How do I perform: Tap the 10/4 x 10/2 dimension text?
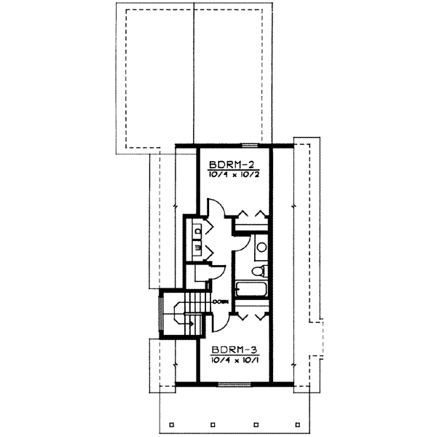233,175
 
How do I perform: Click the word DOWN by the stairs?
221,301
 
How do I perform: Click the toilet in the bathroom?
257,272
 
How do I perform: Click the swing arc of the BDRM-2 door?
216,211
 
